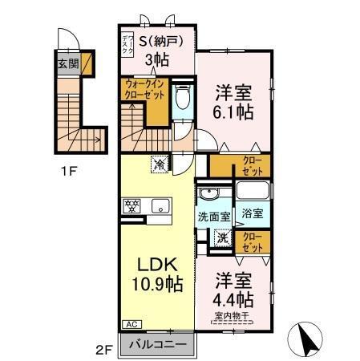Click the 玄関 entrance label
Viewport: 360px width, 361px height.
(x=67, y=63)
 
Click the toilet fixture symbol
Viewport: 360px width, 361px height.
(x=182, y=98)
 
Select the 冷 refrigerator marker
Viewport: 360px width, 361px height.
(x=160, y=164)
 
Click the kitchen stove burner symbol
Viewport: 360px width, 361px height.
(x=131, y=205)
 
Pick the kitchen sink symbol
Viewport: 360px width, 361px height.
(x=158, y=205)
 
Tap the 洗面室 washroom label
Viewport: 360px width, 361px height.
(x=214, y=217)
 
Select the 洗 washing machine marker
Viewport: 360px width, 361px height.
(x=223, y=238)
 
